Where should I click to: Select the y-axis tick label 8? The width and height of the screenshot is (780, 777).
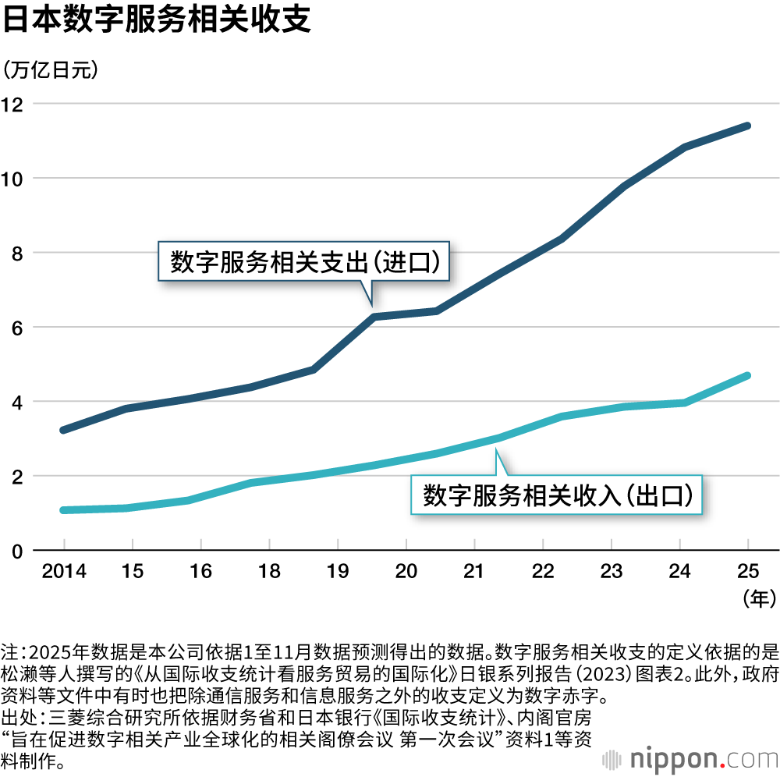pyautogui.click(x=18, y=254)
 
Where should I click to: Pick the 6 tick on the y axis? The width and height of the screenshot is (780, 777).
pyautogui.click(x=18, y=328)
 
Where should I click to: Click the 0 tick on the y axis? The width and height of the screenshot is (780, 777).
pyautogui.click(x=18, y=552)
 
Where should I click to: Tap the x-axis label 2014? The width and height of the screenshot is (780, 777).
pyautogui.click(x=64, y=572)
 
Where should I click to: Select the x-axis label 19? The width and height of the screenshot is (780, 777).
pyautogui.click(x=338, y=572)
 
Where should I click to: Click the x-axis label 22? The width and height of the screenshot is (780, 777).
pyautogui.click(x=543, y=572)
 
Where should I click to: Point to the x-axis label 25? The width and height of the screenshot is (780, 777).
pyautogui.click(x=748, y=572)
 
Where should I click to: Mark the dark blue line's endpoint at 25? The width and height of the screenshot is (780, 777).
pyautogui.click(x=747, y=126)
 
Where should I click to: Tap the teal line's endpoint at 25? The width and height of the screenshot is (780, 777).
pyautogui.click(x=747, y=376)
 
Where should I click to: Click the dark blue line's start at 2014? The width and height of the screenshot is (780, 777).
pyautogui.click(x=64, y=430)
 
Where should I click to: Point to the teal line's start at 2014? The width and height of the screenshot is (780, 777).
pyautogui.click(x=64, y=510)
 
